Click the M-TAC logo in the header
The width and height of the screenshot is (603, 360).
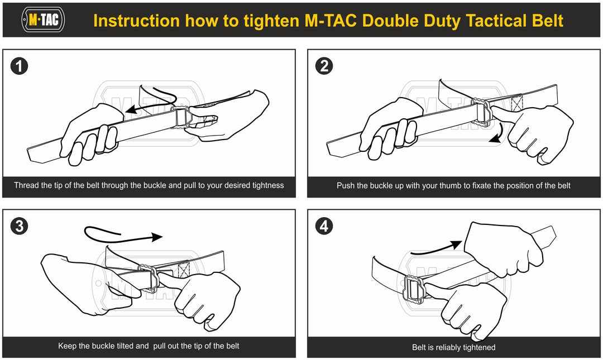pyautogui.click(x=42, y=20)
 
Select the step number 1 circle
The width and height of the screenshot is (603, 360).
pyautogui.click(x=20, y=66)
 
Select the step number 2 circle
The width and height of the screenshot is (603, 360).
pyautogui.click(x=324, y=66)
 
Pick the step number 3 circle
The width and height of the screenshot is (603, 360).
pyautogui.click(x=20, y=226)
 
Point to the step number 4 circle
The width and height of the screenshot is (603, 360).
pyautogui.click(x=324, y=226)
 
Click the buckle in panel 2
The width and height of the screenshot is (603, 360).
pyautogui.click(x=480, y=109)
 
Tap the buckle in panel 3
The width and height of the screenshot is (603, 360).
pyautogui.click(x=150, y=278)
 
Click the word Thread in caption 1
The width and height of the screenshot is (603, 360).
pyautogui.click(x=26, y=185)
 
